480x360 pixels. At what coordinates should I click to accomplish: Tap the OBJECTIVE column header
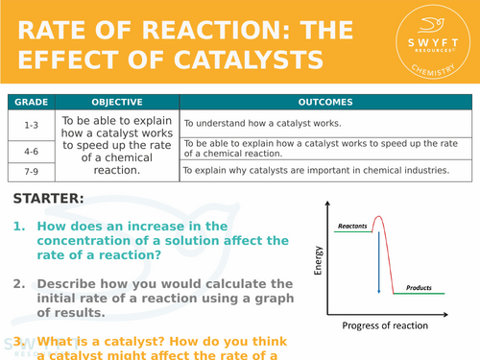pos(117,101)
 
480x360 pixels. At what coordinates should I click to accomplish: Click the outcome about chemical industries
pos(317,171)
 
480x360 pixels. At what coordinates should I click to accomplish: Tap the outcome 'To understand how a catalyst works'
pos(258,123)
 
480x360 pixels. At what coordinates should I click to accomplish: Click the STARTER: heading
pos(49,199)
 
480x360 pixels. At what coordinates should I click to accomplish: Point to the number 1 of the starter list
pos(18,227)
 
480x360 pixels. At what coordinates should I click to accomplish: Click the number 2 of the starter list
pos(18,284)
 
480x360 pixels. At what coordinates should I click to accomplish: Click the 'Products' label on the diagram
pos(419,287)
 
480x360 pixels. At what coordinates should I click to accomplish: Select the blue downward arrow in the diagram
pos(379,260)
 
